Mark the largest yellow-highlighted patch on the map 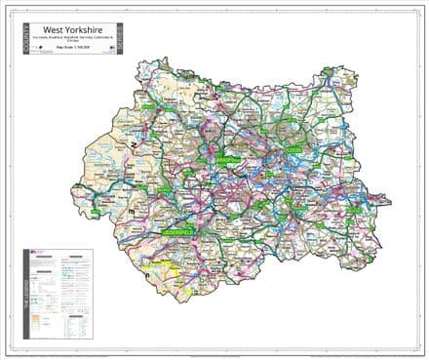click(x=156, y=262)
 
